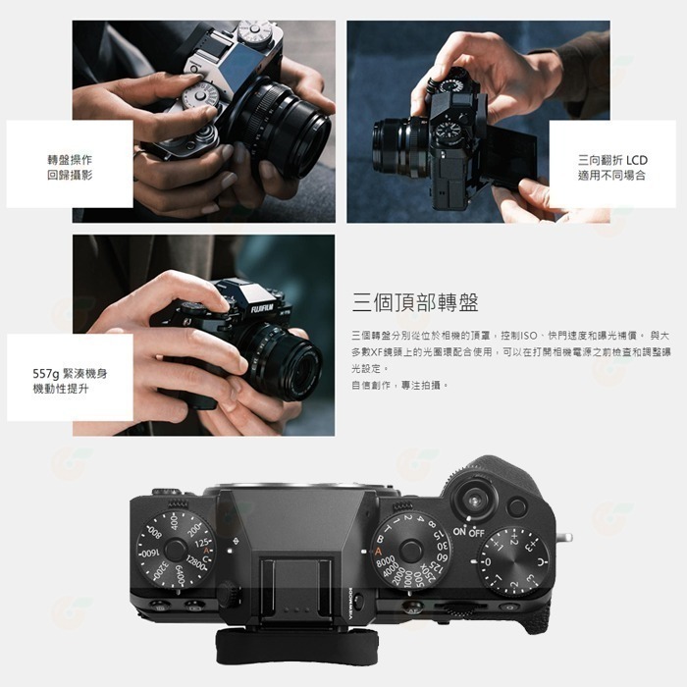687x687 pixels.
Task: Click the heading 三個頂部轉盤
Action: point(416,302)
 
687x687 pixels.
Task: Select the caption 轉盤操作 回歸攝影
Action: point(70,166)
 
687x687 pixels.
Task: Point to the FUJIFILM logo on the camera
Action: point(263,308)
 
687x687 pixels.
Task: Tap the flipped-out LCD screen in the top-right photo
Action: point(509,158)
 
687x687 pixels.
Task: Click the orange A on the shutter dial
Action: point(379,552)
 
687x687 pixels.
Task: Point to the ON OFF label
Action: point(468,532)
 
